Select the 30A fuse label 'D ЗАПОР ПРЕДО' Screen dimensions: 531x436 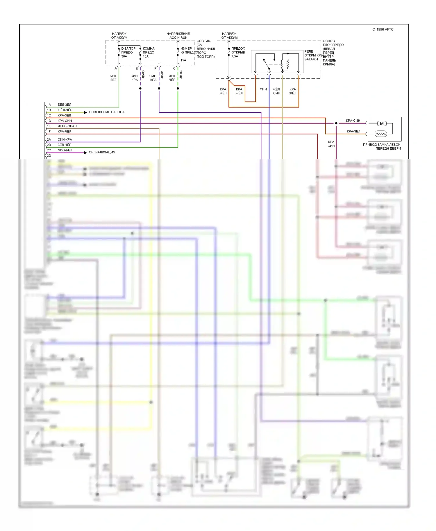[128, 51]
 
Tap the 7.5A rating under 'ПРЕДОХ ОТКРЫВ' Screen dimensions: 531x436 [235, 56]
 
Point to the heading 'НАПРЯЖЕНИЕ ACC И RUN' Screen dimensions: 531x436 [178, 36]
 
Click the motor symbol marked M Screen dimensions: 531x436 [382, 123]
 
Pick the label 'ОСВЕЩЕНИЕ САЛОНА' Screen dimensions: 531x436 [106, 112]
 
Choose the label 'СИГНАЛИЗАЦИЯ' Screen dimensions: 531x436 [102, 152]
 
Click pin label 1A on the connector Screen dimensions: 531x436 [49, 105]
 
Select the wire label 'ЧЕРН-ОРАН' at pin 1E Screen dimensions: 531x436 [67, 126]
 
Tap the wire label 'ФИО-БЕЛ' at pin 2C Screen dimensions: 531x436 [65, 150]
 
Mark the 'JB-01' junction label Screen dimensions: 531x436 [162, 75]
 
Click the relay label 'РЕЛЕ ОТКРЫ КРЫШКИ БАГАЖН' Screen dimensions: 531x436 [312, 55]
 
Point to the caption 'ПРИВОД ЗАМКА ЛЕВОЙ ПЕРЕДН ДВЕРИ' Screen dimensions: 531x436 [382, 146]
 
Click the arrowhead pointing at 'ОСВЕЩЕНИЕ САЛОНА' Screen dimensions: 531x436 [85, 112]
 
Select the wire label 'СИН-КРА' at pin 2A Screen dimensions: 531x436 [65, 139]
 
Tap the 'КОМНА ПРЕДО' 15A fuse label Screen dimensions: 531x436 [149, 51]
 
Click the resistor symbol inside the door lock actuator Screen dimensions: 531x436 [381, 134]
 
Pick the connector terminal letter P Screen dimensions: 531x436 [156, 69]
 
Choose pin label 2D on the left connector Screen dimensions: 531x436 [49, 156]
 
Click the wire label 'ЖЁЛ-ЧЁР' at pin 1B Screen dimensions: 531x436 [65, 110]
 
